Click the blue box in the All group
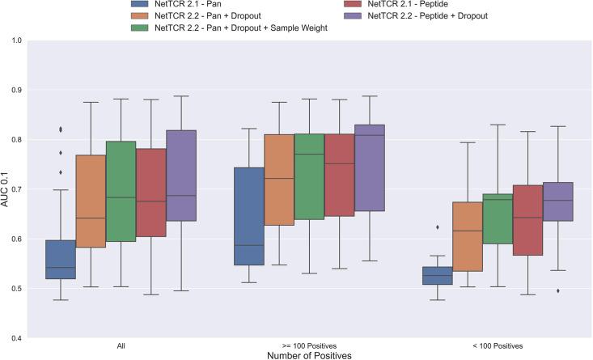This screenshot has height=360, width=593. pyautogui.click(x=61, y=259)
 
